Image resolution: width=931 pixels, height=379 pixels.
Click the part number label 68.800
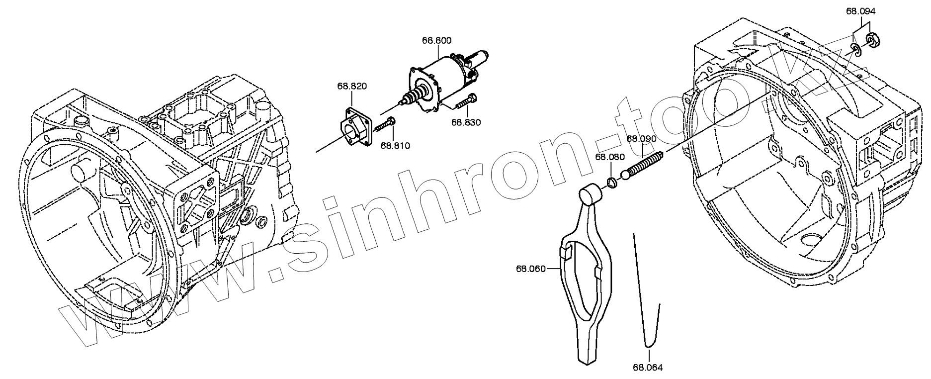click(x=437, y=41)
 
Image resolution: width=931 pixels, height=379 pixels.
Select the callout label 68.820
click(x=352, y=86)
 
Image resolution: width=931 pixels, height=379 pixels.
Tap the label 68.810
click(x=395, y=145)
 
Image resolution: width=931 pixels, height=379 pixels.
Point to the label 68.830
click(x=466, y=122)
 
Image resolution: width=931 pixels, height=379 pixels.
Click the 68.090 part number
click(x=641, y=138)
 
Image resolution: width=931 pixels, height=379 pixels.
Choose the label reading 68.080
click(x=610, y=157)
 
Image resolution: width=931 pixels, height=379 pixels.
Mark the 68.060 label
click(x=530, y=269)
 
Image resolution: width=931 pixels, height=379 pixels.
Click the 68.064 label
click(x=648, y=368)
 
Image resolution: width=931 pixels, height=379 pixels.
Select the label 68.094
click(x=861, y=11)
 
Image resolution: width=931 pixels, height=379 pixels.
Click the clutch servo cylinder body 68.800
click(x=447, y=75)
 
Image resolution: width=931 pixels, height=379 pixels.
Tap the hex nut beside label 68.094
click(x=873, y=38)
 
